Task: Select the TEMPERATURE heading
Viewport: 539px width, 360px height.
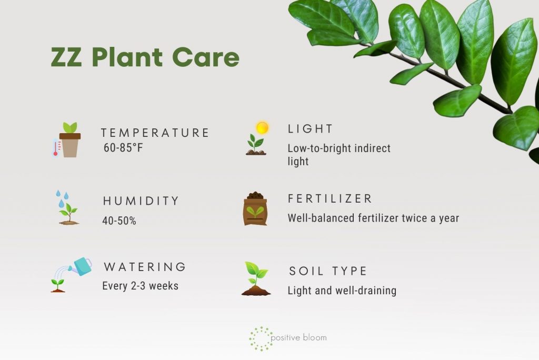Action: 155,133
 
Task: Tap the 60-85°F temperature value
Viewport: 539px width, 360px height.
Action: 123,148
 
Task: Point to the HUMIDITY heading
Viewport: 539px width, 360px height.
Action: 141,201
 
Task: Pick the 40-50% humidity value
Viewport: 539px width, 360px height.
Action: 119,221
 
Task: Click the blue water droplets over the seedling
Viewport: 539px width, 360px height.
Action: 62,199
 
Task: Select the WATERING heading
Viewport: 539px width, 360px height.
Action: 145,267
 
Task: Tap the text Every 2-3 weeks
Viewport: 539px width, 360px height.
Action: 140,286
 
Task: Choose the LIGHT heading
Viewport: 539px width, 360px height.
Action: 311,128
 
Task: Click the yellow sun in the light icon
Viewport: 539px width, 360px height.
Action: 262,127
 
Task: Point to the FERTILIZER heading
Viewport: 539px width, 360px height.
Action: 330,198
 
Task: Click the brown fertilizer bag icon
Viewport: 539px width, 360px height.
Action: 255,209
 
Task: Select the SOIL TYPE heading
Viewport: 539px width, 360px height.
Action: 328,272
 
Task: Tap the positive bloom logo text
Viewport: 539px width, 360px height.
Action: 300,337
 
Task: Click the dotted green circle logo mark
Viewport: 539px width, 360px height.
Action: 260,338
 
